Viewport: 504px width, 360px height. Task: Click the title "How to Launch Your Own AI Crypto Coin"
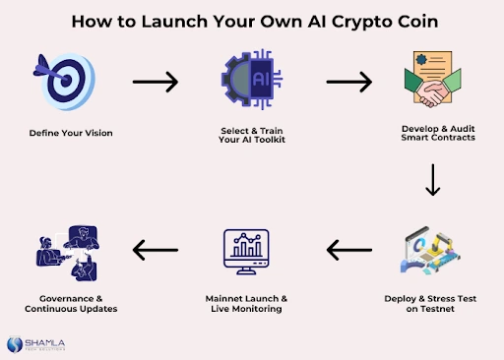point(252,20)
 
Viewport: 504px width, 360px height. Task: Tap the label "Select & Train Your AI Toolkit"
point(252,136)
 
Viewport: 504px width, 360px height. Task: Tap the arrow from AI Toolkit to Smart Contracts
point(349,82)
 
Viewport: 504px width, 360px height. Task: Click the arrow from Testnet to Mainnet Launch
point(349,254)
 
